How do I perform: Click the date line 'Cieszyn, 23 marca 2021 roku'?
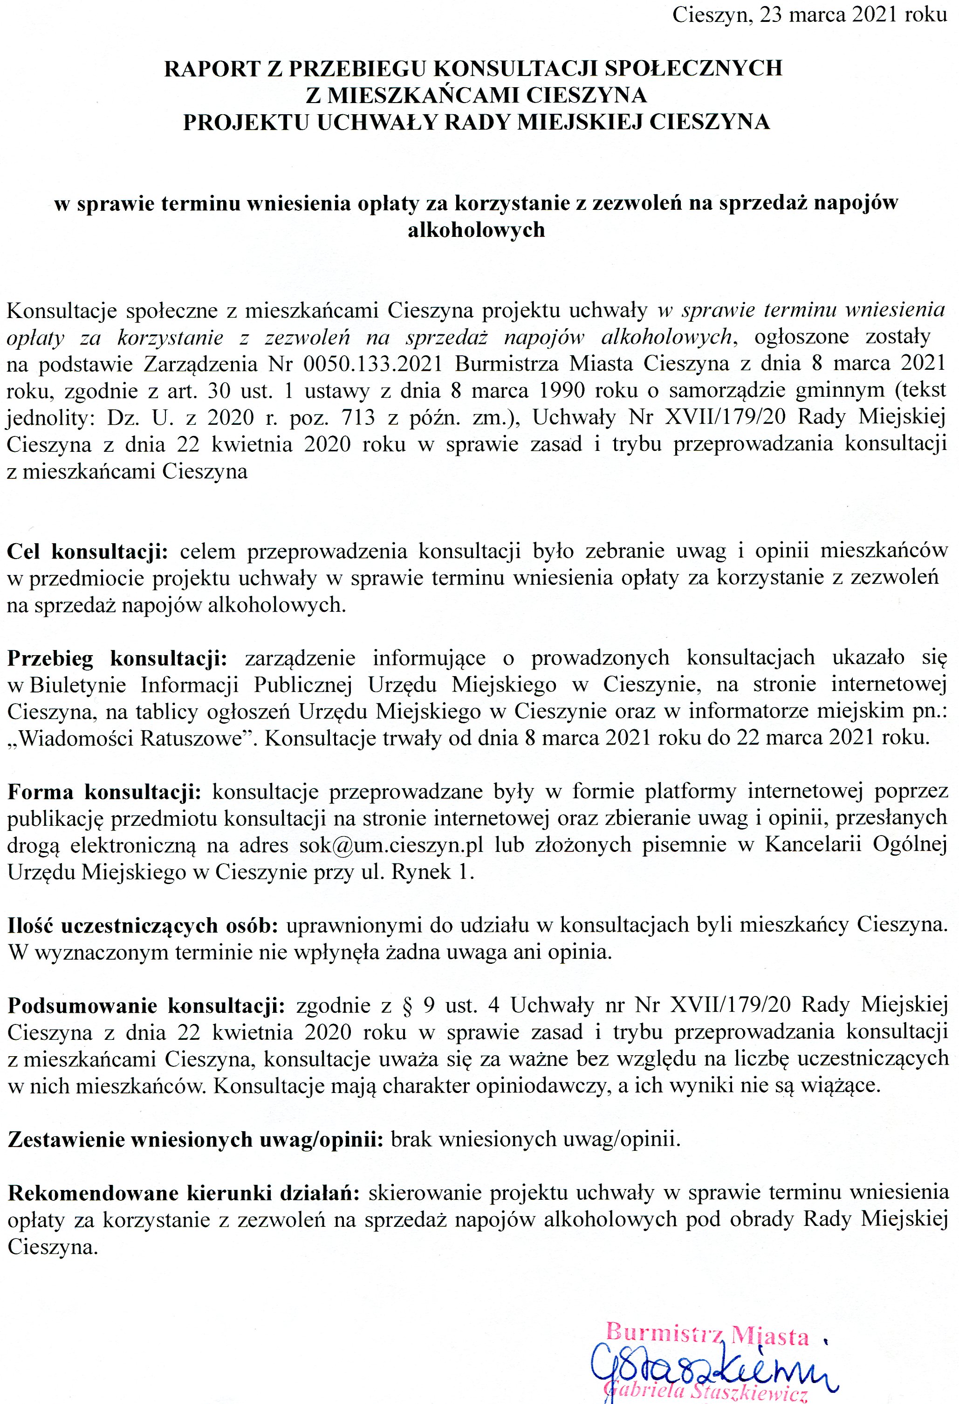pos(809,14)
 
